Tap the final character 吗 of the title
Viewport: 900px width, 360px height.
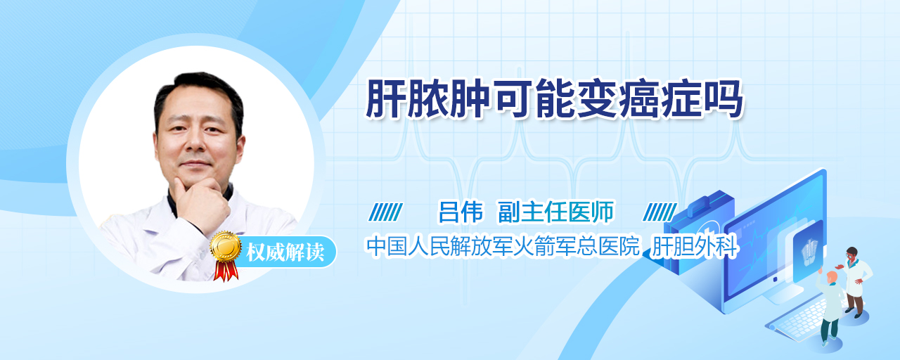tap(723, 98)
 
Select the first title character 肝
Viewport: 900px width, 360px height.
tap(385, 98)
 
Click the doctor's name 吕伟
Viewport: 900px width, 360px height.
tap(461, 212)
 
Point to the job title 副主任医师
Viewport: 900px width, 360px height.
tap(555, 212)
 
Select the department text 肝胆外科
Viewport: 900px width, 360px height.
tap(695, 246)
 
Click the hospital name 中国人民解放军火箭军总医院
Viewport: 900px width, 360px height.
tap(503, 246)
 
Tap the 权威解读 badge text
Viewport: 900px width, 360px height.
tap(285, 252)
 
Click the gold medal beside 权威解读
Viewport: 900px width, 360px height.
tap(226, 246)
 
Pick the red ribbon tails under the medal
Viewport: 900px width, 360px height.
tap(226, 271)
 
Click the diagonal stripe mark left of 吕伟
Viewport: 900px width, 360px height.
tap(385, 212)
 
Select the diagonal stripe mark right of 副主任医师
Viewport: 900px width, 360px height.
tap(660, 212)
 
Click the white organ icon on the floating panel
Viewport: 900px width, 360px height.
tap(809, 251)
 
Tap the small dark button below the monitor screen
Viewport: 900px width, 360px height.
tap(775, 280)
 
